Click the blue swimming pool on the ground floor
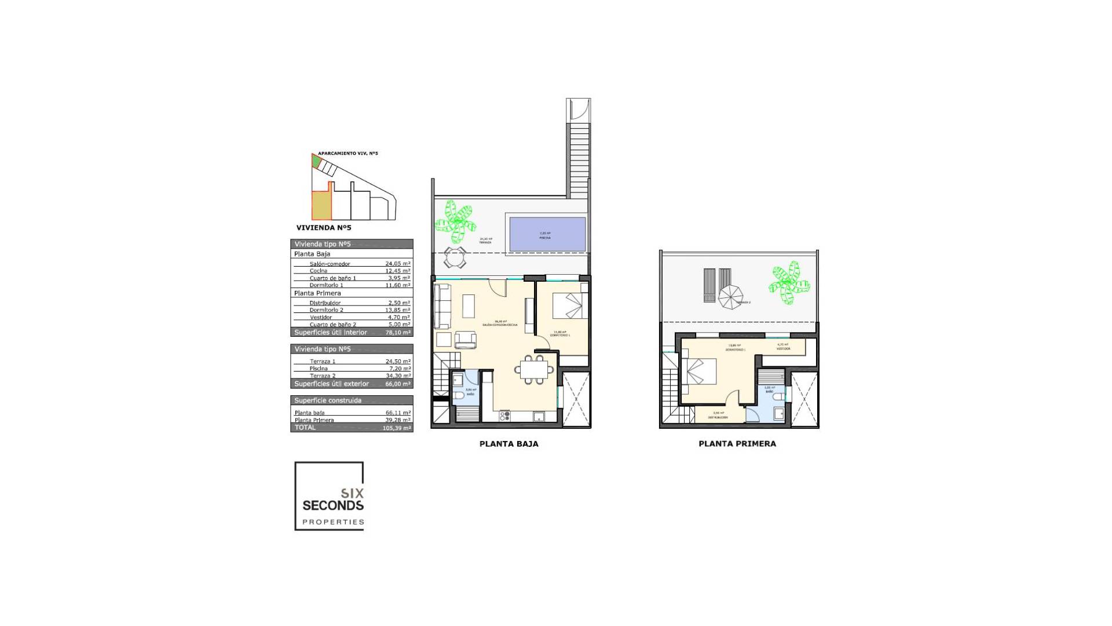(x=547, y=234)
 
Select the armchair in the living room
(x=465, y=340)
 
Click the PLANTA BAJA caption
(x=509, y=444)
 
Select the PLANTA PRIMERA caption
(x=737, y=444)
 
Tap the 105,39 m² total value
(x=397, y=428)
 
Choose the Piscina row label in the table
(x=319, y=369)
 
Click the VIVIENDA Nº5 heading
(x=323, y=228)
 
